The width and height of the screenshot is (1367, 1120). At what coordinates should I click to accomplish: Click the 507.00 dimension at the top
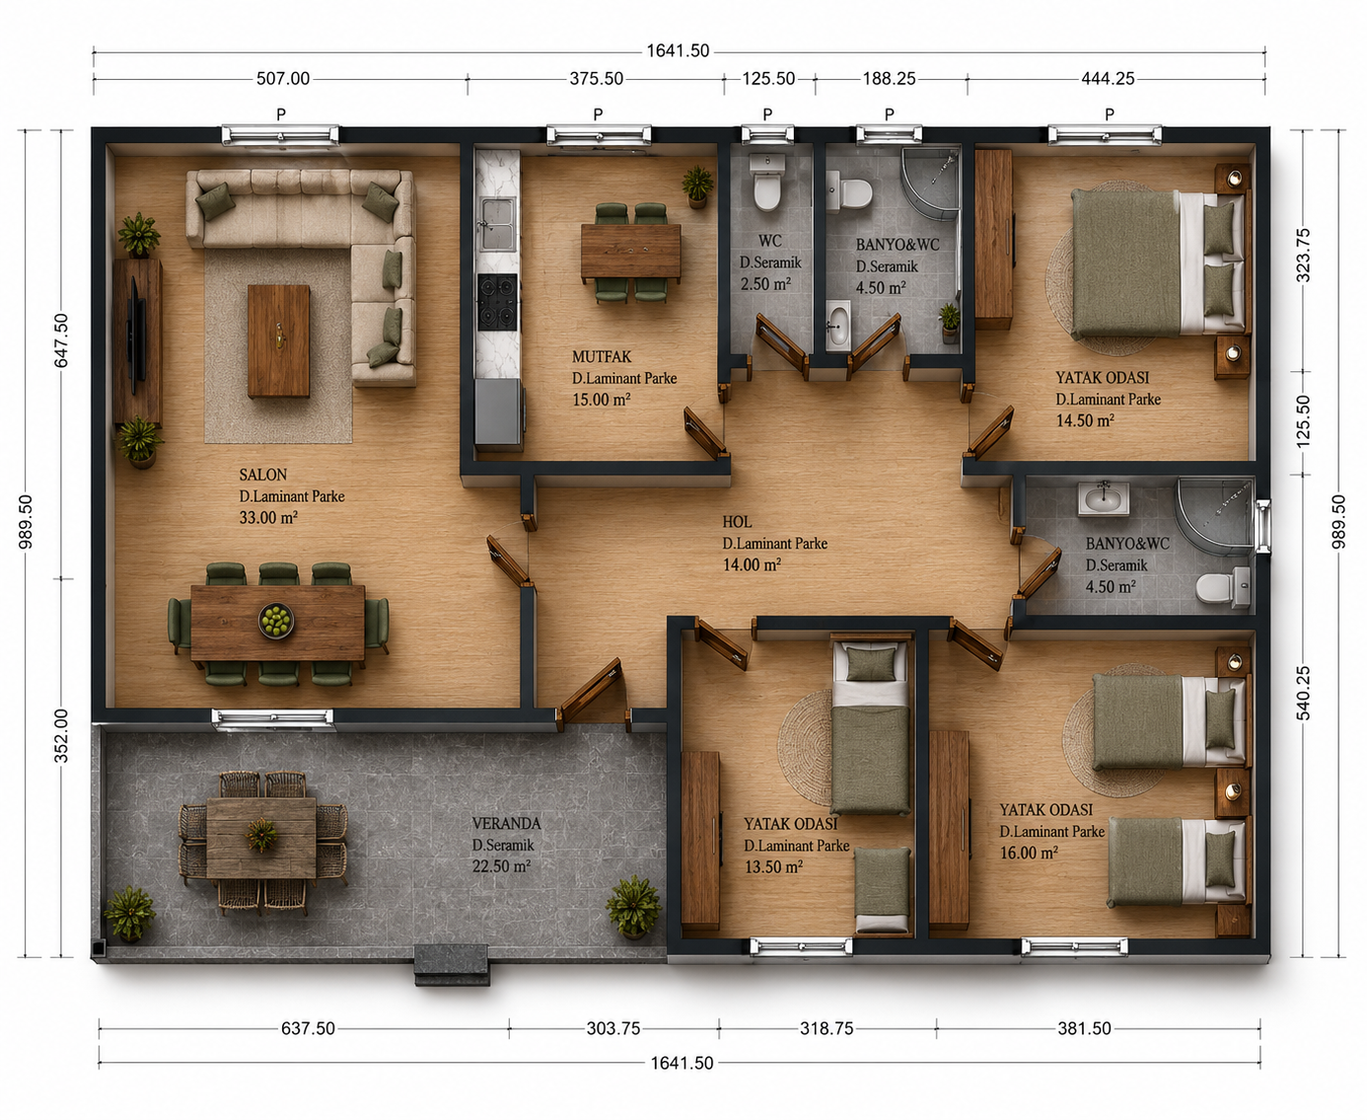point(283,79)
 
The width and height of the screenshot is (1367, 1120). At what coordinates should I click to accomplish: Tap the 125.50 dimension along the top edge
point(768,79)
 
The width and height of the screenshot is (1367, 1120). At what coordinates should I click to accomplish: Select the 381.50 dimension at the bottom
point(1084,1028)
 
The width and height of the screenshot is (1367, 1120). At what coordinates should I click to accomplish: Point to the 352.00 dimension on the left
point(60,735)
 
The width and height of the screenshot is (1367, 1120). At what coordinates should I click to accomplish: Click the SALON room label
point(262,475)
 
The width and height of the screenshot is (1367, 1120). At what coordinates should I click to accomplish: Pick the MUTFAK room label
point(602,356)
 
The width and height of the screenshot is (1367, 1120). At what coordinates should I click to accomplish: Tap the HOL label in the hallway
point(737,522)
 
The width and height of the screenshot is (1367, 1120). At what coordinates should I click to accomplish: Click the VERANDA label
point(506,824)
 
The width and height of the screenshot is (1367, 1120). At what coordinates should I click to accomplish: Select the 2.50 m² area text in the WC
point(765,284)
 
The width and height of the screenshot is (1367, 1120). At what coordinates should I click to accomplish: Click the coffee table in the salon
point(279,340)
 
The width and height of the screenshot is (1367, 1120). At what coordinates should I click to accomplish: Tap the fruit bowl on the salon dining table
point(276,620)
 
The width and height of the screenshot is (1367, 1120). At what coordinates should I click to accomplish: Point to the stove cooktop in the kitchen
point(497,302)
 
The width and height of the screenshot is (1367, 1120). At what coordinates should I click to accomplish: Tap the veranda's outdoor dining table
point(261,837)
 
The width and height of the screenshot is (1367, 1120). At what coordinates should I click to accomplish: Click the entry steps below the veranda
point(452,965)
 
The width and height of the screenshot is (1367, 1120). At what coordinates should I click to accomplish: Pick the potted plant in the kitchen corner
point(697,186)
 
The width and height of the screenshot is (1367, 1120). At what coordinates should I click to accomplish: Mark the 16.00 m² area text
point(1029,853)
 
